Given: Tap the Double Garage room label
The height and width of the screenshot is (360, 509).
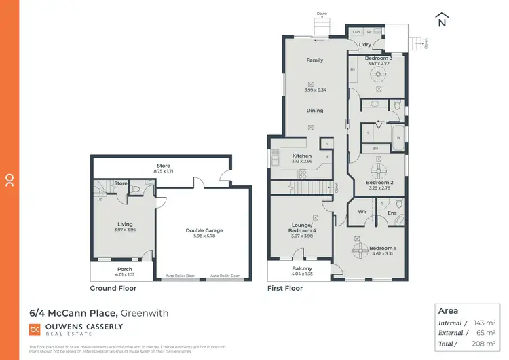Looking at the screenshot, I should [x=204, y=230].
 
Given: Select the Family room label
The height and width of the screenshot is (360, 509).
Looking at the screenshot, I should [x=314, y=60].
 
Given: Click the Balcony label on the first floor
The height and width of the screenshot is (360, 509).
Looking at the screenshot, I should [x=301, y=269].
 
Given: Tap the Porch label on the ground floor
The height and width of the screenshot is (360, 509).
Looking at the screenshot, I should [x=124, y=269].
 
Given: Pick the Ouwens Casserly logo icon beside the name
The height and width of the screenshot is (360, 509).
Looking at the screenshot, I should [x=35, y=329].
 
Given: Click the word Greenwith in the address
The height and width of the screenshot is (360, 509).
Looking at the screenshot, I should [x=145, y=313].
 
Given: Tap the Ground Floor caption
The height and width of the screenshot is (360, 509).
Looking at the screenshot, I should [x=113, y=288].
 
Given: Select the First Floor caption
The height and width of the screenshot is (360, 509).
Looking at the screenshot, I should [x=285, y=288].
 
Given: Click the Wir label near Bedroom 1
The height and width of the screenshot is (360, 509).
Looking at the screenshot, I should [x=362, y=213].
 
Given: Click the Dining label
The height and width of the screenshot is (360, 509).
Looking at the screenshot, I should [x=314, y=110].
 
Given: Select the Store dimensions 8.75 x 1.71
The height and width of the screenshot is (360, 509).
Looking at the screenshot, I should [x=164, y=171].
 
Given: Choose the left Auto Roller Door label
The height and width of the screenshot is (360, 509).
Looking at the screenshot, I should [x=179, y=276].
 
